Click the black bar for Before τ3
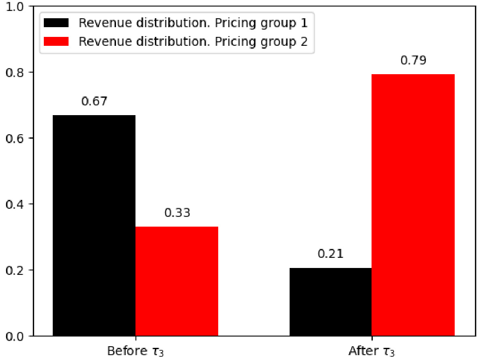[94, 225]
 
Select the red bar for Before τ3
[177, 281]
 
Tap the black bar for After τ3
[331, 302]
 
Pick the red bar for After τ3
[413, 205]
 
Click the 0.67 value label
[95, 101]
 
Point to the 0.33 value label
[177, 212]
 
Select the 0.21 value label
[331, 254]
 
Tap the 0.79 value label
[413, 60]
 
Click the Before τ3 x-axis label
[135, 351]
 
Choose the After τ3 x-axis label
[372, 351]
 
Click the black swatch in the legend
[57, 23]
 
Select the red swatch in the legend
[57, 41]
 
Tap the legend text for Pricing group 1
[193, 23]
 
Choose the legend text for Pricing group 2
[193, 41]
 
